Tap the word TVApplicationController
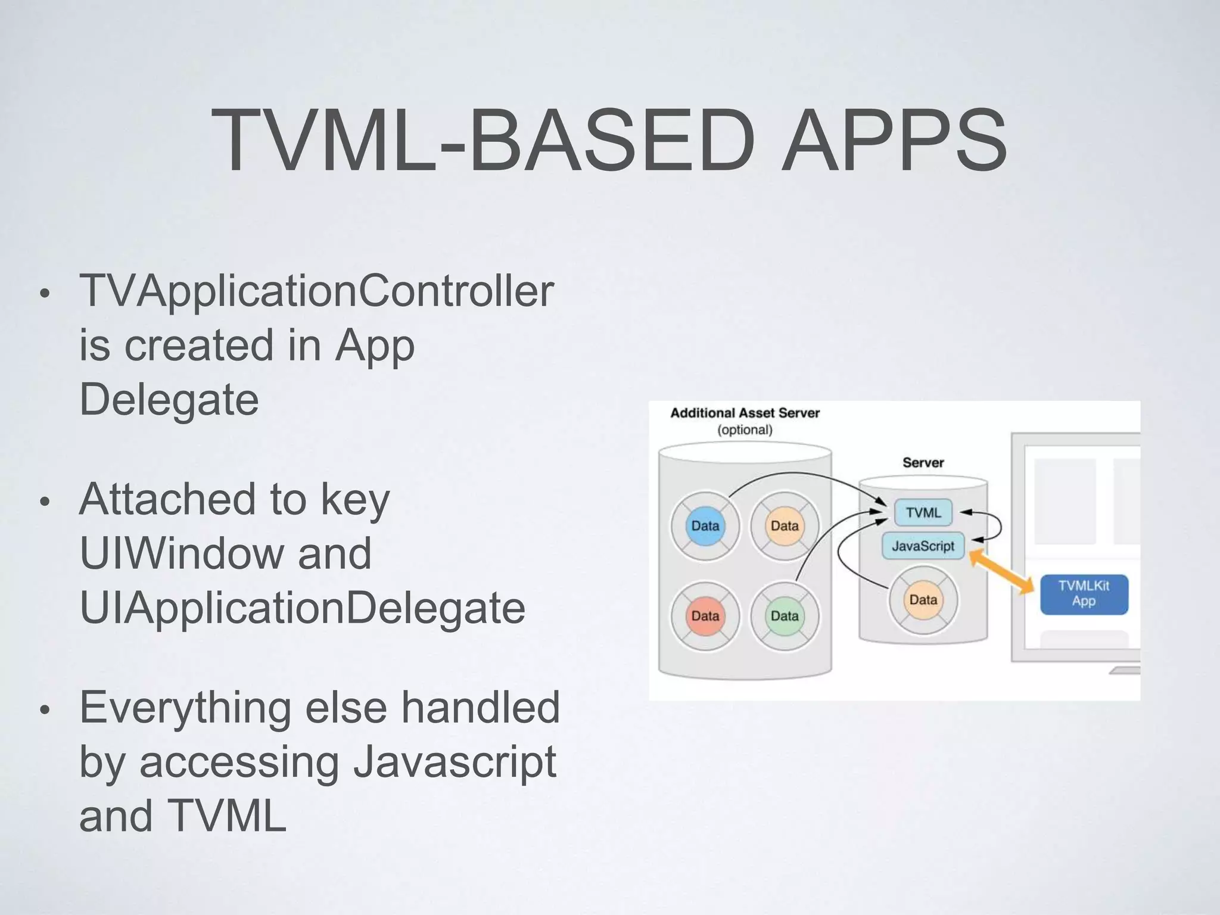point(316,291)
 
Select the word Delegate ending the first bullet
point(169,399)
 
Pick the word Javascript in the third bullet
point(455,762)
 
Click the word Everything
point(185,708)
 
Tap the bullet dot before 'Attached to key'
point(44,502)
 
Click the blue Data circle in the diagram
point(705,526)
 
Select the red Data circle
point(705,616)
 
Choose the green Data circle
point(785,616)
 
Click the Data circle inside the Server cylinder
point(923,600)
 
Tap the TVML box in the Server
point(923,513)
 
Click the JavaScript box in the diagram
point(923,546)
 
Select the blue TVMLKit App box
point(1084,594)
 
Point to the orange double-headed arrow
point(1001,571)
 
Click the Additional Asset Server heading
point(745,413)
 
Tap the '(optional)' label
point(745,430)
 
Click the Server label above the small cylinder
point(923,463)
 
